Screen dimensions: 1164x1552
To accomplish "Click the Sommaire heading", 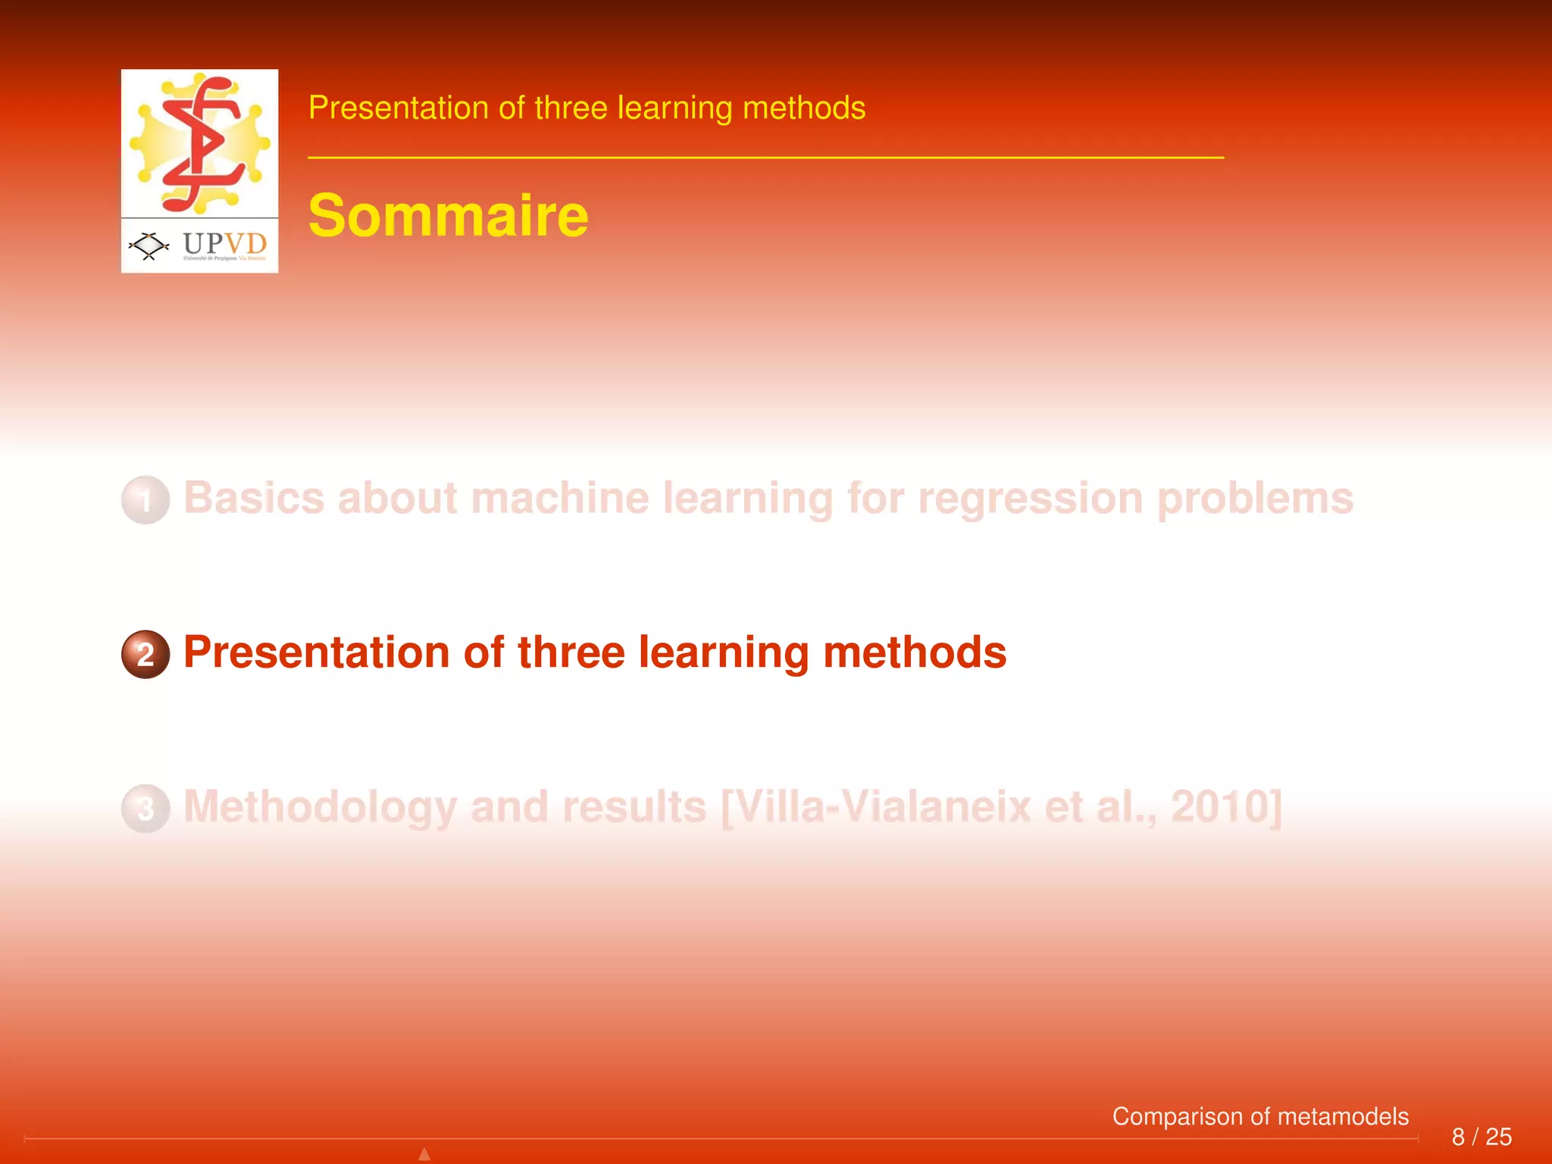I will click(448, 216).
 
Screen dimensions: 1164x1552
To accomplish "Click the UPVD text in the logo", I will click(224, 244).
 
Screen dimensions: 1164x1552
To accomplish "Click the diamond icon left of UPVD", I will click(149, 246).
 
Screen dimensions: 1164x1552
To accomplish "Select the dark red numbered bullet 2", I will click(145, 654).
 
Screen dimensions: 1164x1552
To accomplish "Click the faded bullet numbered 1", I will click(145, 500).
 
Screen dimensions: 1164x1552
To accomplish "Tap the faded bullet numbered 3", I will click(145, 809).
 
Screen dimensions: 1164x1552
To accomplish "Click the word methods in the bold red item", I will click(914, 652).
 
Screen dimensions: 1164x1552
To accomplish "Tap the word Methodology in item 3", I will click(320, 807).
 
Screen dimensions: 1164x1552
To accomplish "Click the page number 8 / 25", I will click(1481, 1137).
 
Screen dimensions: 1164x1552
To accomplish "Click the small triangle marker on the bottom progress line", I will click(424, 1154).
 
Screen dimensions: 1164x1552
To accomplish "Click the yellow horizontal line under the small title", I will click(765, 158).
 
